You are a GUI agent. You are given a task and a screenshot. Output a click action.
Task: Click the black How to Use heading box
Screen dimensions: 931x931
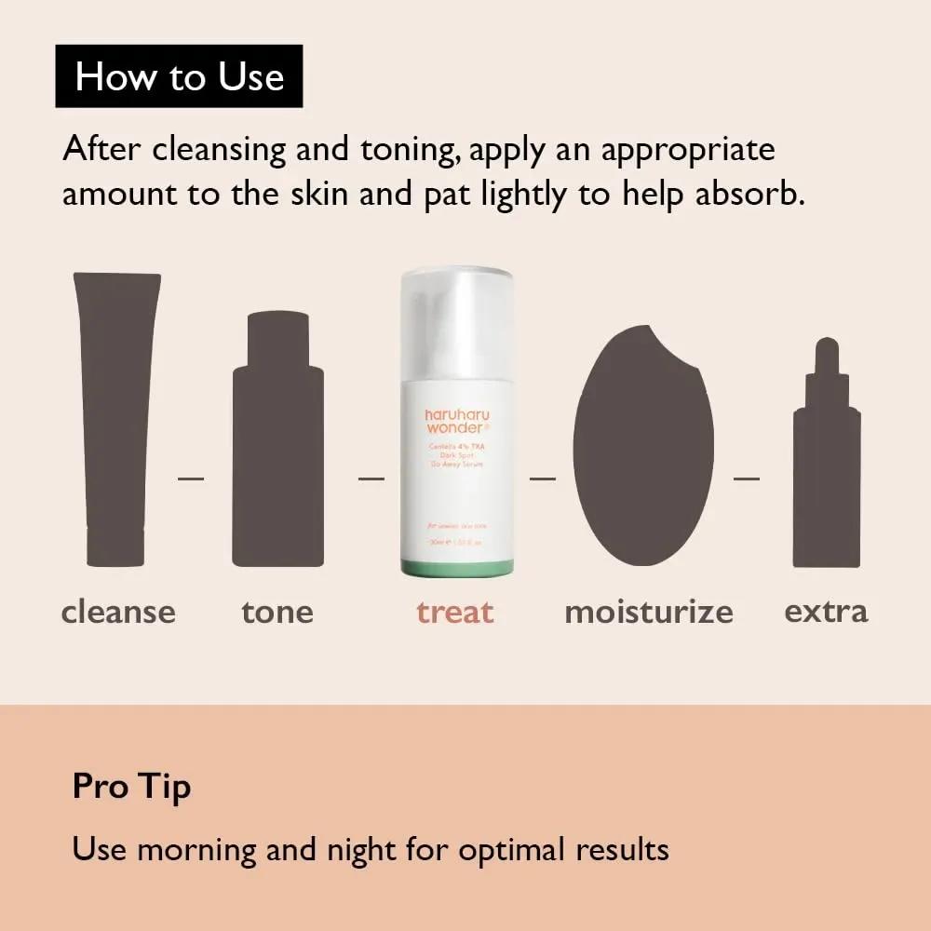coord(179,75)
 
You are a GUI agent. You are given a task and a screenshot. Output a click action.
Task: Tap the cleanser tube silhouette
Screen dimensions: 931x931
coord(117,419)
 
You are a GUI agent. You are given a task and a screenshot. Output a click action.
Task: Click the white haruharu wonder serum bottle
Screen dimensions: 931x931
coord(456,419)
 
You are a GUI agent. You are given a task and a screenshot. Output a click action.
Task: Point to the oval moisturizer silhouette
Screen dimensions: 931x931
coord(642,447)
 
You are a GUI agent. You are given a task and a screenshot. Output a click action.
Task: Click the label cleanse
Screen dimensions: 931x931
coord(118,612)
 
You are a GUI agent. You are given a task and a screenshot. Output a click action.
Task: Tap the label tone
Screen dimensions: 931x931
coord(277,612)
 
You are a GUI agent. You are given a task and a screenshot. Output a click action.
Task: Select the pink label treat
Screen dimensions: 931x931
coord(455,612)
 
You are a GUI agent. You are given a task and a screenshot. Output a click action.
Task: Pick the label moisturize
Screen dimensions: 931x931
coord(649,612)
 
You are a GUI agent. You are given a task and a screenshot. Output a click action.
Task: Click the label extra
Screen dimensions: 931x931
coord(826,612)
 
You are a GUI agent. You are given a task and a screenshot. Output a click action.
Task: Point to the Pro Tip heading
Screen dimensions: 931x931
coord(131,787)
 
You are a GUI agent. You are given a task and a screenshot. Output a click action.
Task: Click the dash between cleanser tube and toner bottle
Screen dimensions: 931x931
coord(191,479)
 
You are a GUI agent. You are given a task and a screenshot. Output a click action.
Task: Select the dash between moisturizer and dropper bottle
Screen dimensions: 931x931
coord(747,479)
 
